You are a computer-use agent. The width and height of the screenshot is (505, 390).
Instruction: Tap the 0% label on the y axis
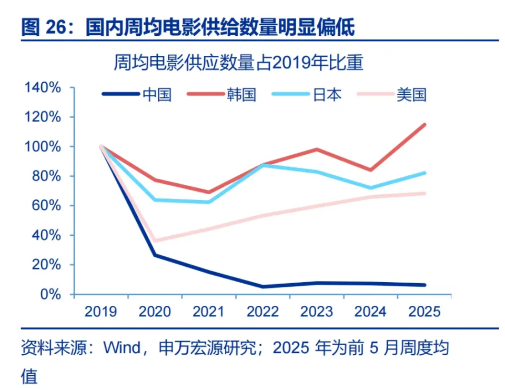pos(51,294)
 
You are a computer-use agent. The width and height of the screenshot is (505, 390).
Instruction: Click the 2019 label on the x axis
pos(100,312)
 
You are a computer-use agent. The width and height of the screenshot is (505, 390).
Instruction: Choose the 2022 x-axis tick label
pos(262,312)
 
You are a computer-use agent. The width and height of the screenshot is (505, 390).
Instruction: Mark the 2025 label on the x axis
pos(424,312)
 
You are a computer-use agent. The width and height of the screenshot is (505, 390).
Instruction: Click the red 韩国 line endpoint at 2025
pos(424,125)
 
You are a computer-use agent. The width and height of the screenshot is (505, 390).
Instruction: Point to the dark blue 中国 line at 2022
pos(262,287)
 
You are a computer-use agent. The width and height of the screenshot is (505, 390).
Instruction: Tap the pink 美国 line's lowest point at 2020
pos(155,241)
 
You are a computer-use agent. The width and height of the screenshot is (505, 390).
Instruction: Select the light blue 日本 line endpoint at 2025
pos(424,173)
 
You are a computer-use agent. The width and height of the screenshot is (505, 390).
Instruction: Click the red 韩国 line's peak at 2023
pos(317,149)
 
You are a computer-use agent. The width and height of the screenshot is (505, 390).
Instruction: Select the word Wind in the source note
pos(122,348)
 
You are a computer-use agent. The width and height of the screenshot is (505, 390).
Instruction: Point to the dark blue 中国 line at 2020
pos(155,255)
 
